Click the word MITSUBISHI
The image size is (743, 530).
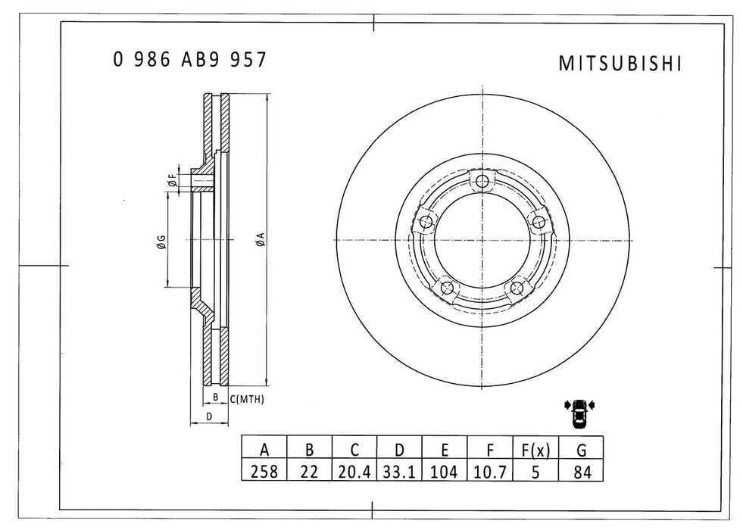point(620,64)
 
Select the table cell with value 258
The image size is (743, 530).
point(264,471)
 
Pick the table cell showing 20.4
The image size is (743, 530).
point(354,471)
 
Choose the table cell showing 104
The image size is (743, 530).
point(445,471)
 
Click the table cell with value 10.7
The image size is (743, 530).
point(490,471)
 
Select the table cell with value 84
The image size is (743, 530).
point(581,471)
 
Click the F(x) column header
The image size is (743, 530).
point(535,450)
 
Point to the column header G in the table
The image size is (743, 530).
point(581,450)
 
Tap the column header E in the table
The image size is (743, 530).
point(445,450)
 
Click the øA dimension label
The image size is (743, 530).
point(260,241)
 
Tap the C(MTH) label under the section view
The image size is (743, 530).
point(246,399)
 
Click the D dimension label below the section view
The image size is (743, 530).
point(209,416)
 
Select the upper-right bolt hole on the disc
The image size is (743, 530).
point(539,221)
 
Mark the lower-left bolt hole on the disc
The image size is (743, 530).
point(446,288)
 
